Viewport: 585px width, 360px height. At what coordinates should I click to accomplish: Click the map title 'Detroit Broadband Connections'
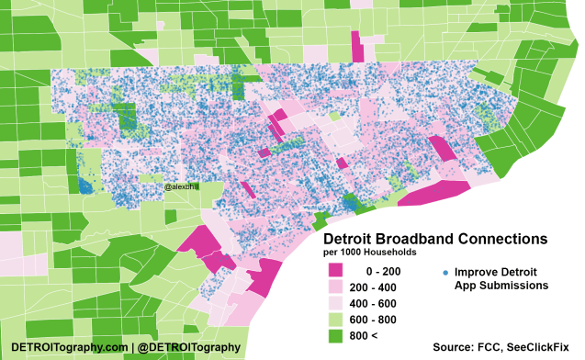click(435, 239)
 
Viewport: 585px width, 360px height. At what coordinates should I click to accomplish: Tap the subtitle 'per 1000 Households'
click(369, 252)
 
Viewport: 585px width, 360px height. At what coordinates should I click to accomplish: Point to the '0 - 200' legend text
click(384, 271)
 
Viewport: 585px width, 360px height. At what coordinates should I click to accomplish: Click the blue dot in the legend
click(444, 273)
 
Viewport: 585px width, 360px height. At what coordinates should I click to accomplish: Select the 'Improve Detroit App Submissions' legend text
click(501, 278)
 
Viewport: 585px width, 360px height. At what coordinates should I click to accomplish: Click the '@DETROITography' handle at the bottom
click(190, 347)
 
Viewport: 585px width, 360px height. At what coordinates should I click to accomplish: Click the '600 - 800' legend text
click(384, 321)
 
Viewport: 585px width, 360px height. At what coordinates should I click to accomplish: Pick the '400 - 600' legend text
click(384, 304)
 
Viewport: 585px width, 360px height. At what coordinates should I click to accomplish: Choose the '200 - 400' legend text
click(384, 287)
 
